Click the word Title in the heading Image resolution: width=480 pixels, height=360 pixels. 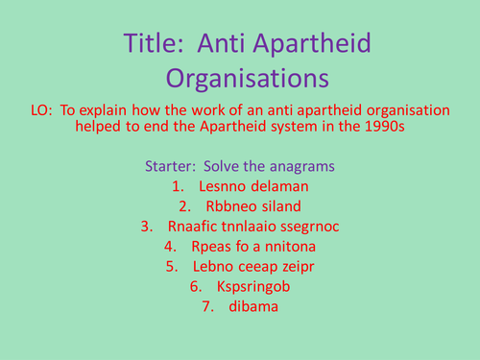click(153, 44)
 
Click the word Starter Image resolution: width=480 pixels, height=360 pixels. click(171, 165)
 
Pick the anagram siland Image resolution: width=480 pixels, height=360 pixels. click(279, 205)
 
